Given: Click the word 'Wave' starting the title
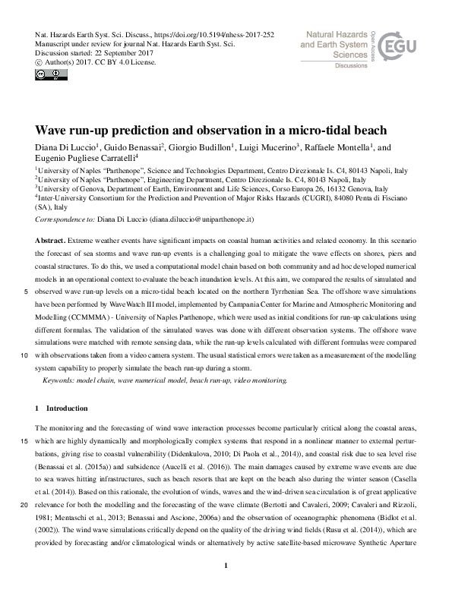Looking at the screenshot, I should click(x=53, y=129).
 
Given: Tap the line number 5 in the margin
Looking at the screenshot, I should click(x=27, y=290).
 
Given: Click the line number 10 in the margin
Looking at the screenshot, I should click(x=25, y=355).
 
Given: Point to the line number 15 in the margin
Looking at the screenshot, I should click(x=25, y=440).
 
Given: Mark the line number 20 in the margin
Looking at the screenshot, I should click(x=25, y=505).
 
